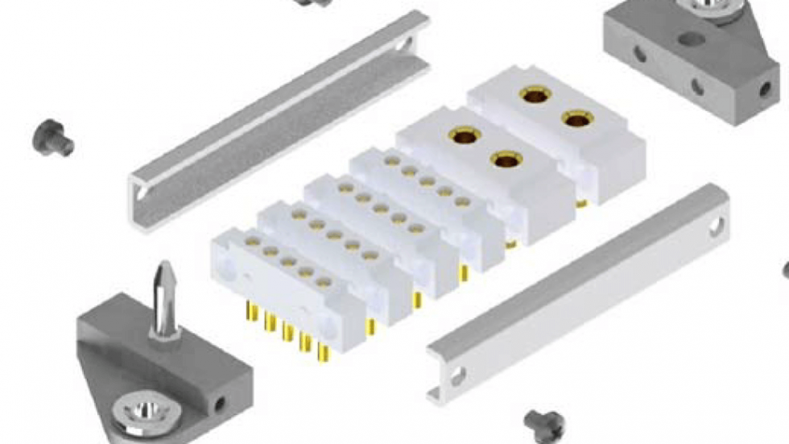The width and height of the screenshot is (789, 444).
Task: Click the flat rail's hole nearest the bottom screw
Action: [x=457, y=375]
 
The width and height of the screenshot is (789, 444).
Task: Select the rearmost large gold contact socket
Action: [x=532, y=96]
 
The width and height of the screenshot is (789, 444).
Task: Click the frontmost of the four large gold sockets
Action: [x=506, y=160]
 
